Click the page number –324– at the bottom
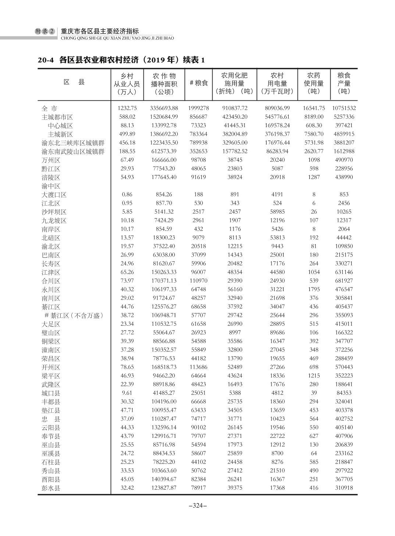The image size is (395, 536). tap(197, 505)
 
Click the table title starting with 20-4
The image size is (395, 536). tap(121, 60)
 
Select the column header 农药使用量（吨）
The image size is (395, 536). tap(313, 83)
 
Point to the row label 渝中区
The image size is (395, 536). tap(51, 186)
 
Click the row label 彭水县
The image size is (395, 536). tap(51, 488)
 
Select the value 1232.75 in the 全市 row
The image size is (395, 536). tap(127, 108)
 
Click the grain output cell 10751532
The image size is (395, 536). tap(344, 108)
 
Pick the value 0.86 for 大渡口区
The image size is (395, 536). tap(127, 194)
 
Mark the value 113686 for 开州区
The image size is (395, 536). tap(198, 367)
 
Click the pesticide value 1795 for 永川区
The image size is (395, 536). tap(313, 289)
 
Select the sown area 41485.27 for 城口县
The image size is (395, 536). tap(164, 393)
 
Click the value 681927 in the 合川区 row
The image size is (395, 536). tap(344, 281)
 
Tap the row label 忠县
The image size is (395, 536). tap(51, 419)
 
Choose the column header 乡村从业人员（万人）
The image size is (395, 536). tap(127, 83)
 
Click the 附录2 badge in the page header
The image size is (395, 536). tap(45, 32)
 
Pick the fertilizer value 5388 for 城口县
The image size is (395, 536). tap(235, 393)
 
